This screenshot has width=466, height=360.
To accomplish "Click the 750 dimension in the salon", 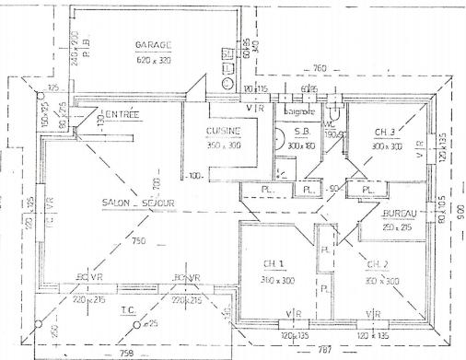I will (139, 241).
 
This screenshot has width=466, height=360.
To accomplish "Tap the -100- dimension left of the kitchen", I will (193, 175).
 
